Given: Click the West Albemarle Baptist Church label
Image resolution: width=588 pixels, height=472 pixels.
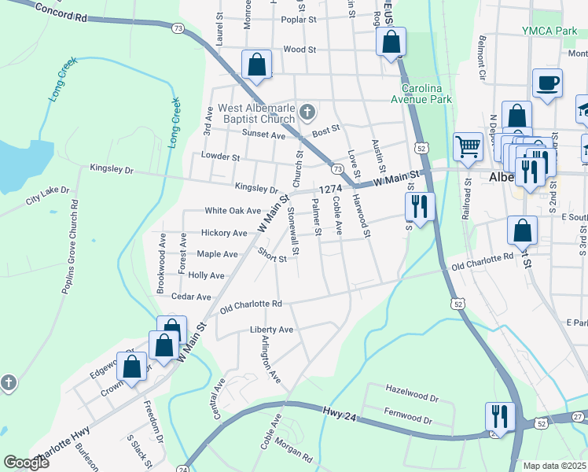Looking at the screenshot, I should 250,113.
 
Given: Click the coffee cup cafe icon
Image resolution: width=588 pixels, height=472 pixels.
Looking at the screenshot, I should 547,82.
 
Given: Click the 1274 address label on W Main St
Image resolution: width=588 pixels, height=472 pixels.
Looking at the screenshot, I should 331,189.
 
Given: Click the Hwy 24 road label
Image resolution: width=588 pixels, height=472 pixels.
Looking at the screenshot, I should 339,411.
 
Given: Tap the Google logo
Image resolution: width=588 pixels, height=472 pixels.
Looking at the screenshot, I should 27,463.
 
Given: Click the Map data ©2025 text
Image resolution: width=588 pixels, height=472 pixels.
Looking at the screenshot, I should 554,466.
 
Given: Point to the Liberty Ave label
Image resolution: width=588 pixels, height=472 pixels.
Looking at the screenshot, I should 271,330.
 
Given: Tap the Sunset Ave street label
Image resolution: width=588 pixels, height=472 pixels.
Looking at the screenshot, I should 263,135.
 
